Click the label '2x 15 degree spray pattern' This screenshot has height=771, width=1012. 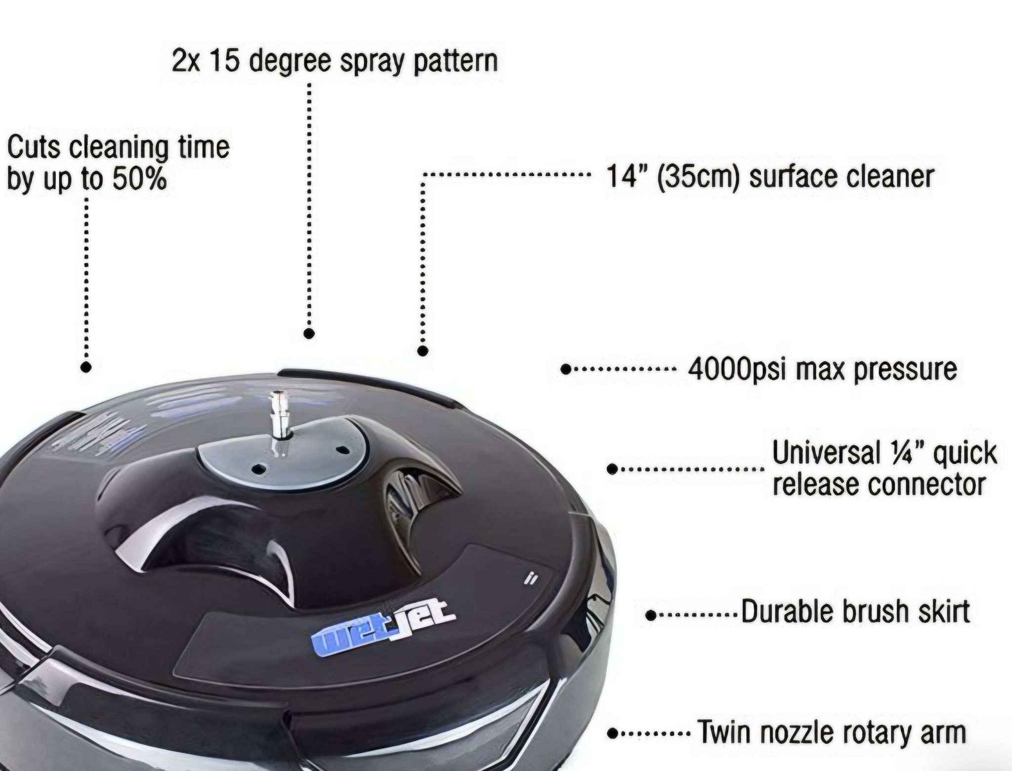[x=335, y=61]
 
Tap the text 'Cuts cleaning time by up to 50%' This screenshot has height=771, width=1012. [x=119, y=163]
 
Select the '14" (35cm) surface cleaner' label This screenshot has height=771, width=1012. [x=770, y=177]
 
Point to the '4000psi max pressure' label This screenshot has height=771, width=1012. [x=822, y=369]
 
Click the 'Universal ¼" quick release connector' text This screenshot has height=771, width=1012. [x=885, y=469]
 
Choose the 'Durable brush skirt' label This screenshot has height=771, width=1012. [x=855, y=612]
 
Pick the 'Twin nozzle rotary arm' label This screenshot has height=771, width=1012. [x=831, y=733]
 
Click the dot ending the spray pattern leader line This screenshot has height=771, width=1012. [x=309, y=334]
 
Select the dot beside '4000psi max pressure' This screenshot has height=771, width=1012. [x=566, y=369]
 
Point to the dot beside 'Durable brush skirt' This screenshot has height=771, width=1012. [x=651, y=615]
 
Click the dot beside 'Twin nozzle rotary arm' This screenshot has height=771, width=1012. [x=614, y=733]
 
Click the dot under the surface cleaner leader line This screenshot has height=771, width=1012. [x=422, y=351]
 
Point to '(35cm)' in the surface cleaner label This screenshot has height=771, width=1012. [x=698, y=177]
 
